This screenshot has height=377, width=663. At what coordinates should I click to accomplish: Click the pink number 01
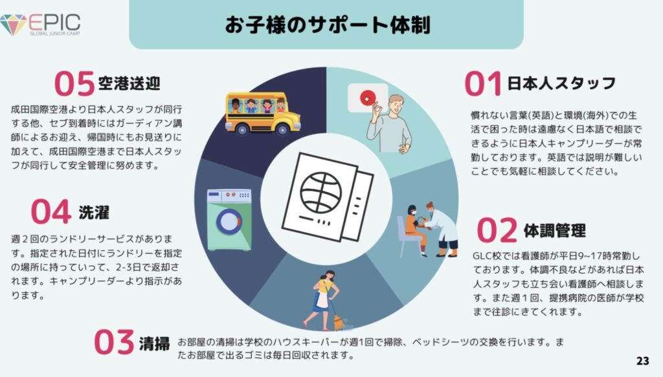click(483, 83)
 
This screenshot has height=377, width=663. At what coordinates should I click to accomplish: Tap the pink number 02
click(497, 230)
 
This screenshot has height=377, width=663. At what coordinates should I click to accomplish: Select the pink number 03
click(114, 342)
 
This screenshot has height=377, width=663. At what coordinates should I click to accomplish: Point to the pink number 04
click(51, 211)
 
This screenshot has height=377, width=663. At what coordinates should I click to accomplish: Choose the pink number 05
click(74, 83)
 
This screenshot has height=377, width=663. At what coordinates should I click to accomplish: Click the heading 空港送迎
click(129, 83)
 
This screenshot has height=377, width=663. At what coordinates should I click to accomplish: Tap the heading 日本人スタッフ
click(561, 83)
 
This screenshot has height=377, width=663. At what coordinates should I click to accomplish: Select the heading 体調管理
click(555, 230)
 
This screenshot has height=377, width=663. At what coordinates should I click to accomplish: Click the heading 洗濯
click(94, 212)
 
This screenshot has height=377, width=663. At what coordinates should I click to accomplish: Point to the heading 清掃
click(154, 343)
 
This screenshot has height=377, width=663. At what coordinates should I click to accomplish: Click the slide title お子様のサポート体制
click(328, 25)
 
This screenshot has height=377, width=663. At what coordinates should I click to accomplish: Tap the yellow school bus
click(263, 113)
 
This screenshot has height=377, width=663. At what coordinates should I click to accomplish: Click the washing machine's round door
click(229, 222)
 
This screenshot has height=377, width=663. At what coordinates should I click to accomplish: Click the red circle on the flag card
click(368, 98)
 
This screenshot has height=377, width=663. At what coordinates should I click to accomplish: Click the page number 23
click(642, 361)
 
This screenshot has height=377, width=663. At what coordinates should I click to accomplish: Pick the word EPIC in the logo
click(54, 23)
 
